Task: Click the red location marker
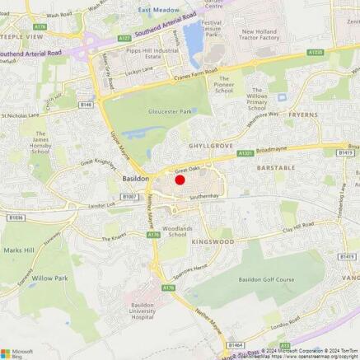(x=180, y=180)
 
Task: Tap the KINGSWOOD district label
(x=213, y=242)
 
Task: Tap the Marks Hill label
(x=19, y=250)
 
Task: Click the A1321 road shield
(x=245, y=153)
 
